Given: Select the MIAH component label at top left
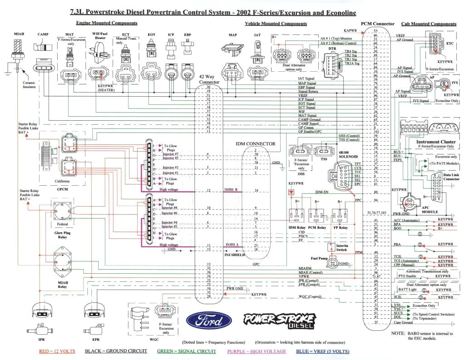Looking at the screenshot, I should [19, 34].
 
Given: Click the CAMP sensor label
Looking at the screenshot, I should [43, 34].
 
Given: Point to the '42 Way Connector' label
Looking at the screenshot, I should [209, 79].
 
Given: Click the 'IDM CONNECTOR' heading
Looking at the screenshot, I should [255, 143].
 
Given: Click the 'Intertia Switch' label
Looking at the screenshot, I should [342, 248].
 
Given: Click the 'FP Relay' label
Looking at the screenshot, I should [340, 227].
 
